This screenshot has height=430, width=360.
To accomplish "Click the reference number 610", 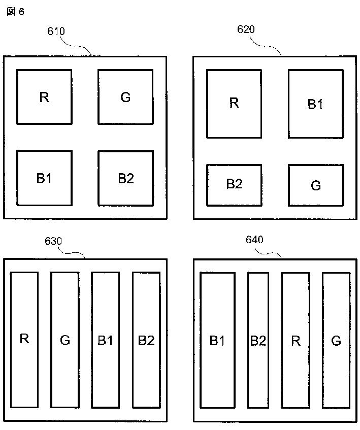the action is coord(56,31).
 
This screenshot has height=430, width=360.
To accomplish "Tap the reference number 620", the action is coord(246,29).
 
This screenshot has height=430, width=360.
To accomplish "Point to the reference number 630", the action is coord(53,241).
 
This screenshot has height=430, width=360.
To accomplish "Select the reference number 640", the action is coord(254,240).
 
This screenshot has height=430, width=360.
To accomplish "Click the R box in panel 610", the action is coord(44,96).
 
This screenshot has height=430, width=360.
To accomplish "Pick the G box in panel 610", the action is coord(125,96).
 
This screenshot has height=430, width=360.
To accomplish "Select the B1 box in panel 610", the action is coord(44,178).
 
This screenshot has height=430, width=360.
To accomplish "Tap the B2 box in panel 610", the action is coord(125,178).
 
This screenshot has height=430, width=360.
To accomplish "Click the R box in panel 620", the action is coord(234,104).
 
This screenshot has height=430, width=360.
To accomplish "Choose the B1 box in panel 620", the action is coord(315,104).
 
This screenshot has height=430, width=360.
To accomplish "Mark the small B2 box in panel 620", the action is coord(234,184).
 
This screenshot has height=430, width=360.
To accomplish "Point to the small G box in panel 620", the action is coord(315,185).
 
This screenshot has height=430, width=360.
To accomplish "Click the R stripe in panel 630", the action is coord(24,339).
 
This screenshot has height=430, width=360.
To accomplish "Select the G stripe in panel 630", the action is coord(65,339).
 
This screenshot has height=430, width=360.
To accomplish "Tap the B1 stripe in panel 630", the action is coord(105,339).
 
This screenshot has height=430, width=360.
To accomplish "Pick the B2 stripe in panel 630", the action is coord(146,339).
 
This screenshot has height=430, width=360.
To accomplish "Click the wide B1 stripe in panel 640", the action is coord(217,340).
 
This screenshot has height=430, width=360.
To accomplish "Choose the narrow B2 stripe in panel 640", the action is coord(258,340).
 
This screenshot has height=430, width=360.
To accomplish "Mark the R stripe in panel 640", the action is coord(296,340).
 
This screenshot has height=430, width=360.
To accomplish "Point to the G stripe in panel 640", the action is coord(336,340).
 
